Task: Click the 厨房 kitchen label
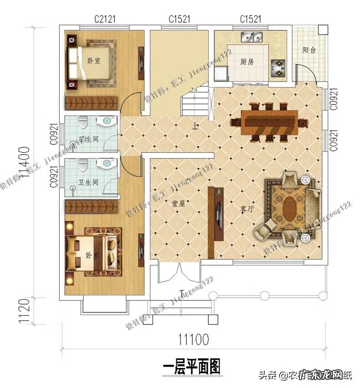click(x=247, y=62)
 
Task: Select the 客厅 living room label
click(x=247, y=209)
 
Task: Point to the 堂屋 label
click(x=178, y=204)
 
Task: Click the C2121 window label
click(x=105, y=19)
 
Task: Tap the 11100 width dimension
click(x=193, y=340)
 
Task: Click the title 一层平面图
click(x=191, y=366)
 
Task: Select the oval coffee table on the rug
click(x=289, y=209)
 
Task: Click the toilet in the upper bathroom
click(x=82, y=122)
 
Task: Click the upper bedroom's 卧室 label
click(x=94, y=61)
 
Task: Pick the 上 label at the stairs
click(x=195, y=127)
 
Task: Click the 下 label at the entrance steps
click(x=181, y=293)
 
